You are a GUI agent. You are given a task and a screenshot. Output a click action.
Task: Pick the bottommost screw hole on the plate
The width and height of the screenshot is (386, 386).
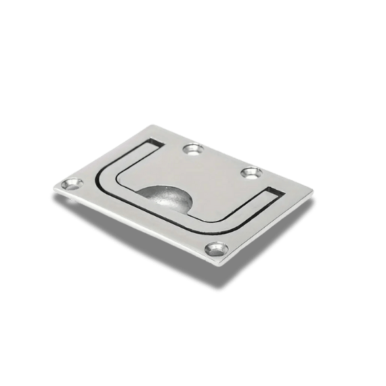pos(215,250)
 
